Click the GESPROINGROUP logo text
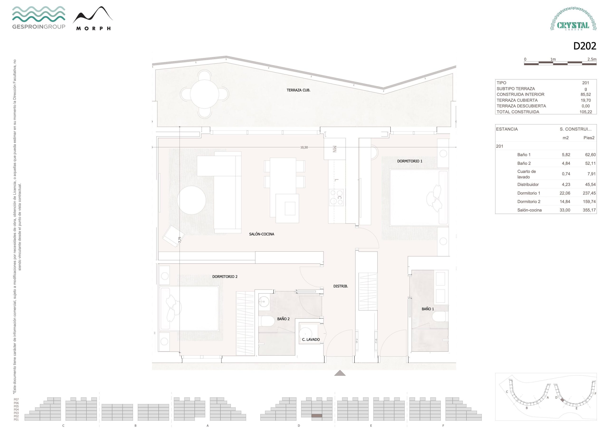[39, 27]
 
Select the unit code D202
[585, 46]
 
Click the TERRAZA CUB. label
[299, 90]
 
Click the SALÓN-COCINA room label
[262, 234]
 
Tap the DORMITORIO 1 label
[410, 161]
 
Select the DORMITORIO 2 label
[225, 277]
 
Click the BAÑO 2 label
[283, 319]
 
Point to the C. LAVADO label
[311, 339]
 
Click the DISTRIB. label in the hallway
[341, 286]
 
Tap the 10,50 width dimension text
[304, 147]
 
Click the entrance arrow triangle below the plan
[340, 373]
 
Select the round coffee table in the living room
[191, 200]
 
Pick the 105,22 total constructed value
[585, 112]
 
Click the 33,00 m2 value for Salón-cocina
[565, 210]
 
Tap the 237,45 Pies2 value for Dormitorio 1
[589, 193]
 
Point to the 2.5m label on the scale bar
[592, 59]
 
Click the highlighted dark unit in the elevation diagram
[317, 416]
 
